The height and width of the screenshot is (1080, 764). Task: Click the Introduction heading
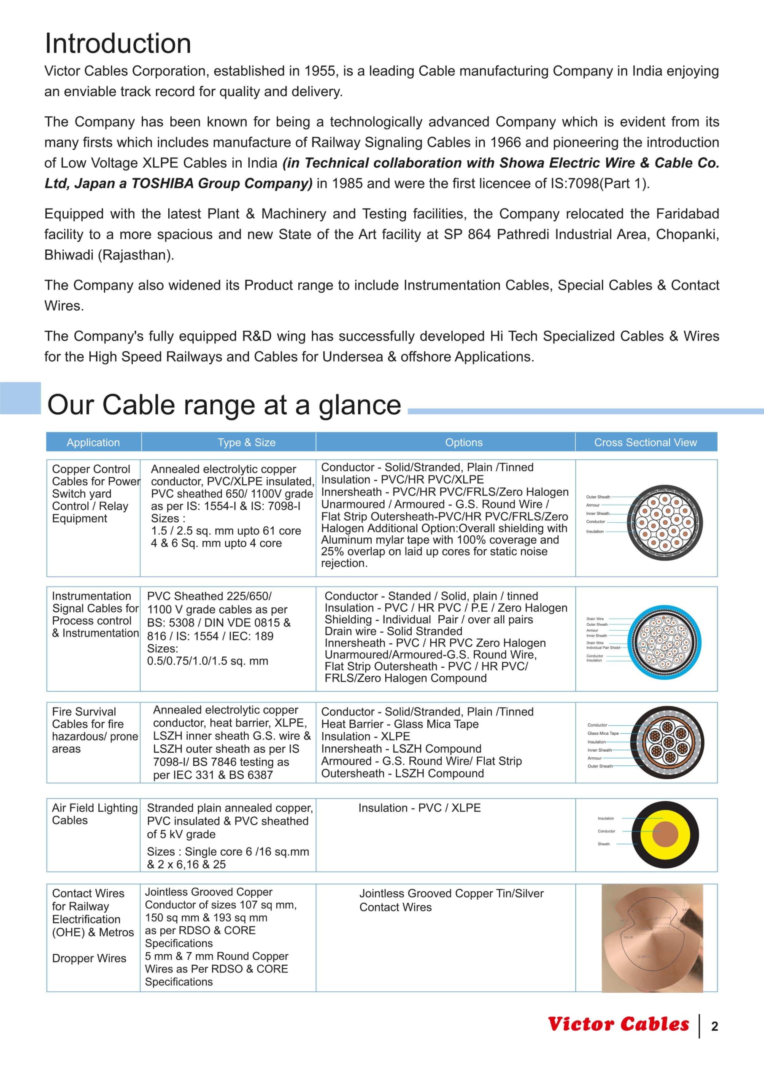(x=118, y=43)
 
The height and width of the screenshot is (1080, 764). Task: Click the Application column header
(x=93, y=442)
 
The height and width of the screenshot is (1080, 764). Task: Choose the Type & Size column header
(x=246, y=442)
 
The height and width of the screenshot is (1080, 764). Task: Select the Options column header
(x=464, y=442)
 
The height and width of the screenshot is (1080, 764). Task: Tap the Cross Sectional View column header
(x=645, y=442)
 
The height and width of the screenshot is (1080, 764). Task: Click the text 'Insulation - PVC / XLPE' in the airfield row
(x=419, y=808)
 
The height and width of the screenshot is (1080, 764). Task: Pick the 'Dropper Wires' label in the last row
(x=89, y=958)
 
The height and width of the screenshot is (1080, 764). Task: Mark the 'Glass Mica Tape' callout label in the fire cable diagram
(x=603, y=733)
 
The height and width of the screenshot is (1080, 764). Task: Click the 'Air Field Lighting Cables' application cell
(x=94, y=814)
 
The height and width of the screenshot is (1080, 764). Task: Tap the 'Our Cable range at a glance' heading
(x=224, y=405)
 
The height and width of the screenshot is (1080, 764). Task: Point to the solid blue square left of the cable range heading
(x=20, y=398)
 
